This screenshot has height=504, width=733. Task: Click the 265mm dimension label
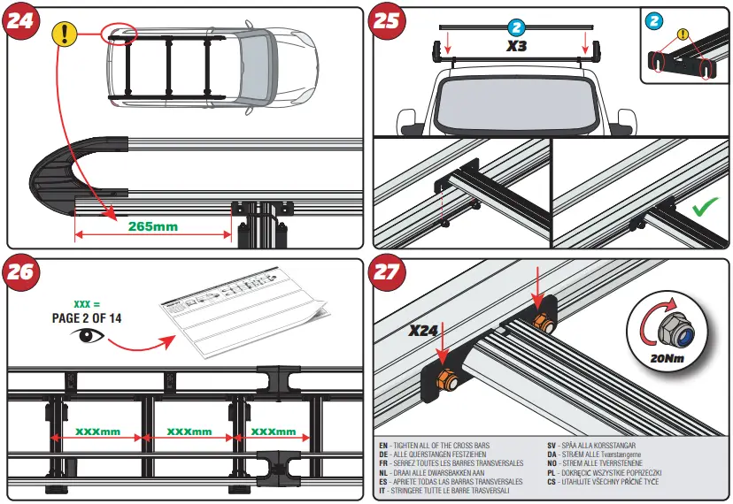152,226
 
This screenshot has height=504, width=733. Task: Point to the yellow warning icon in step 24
63,34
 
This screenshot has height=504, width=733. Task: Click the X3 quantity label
518,43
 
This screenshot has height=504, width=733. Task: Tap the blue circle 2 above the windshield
518,27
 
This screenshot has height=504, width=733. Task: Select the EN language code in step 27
382,445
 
